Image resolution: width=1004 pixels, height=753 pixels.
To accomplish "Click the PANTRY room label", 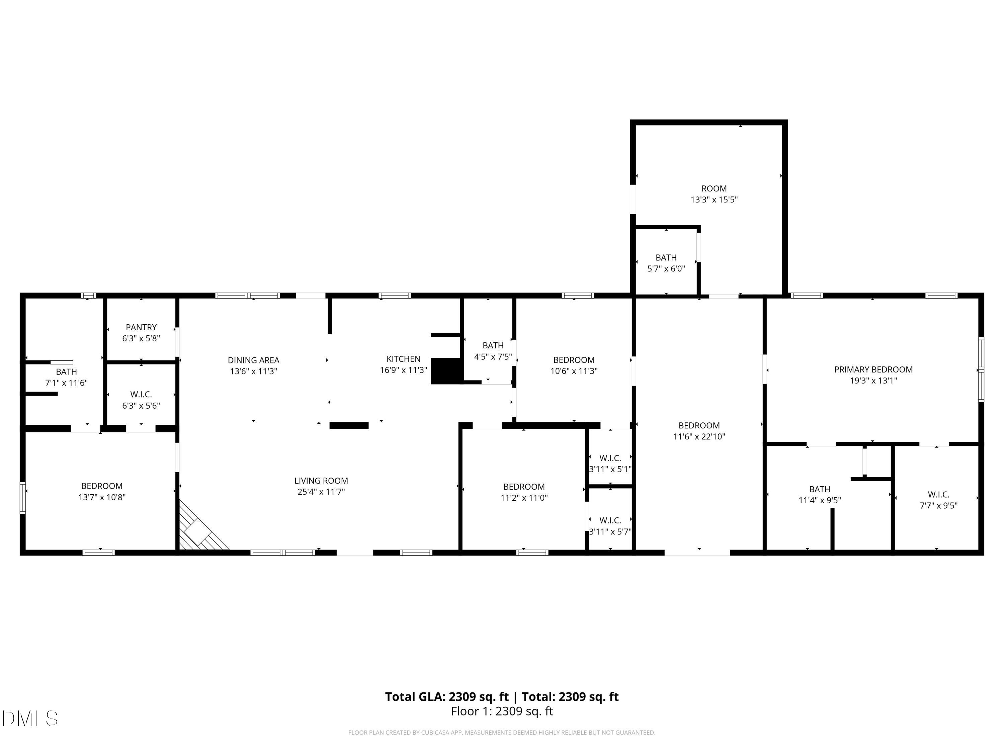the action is click(141, 327).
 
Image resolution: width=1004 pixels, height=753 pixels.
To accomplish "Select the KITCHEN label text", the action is click(404, 359).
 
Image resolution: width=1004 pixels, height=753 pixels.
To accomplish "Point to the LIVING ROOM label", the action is click(321, 481).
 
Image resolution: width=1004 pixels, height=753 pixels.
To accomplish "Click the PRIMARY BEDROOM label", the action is click(873, 369).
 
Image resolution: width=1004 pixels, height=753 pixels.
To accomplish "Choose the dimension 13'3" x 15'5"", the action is click(714, 199).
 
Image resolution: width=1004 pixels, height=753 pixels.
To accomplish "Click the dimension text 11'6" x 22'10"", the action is click(699, 437).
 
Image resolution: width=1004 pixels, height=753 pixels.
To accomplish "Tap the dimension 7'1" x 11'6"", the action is click(66, 383).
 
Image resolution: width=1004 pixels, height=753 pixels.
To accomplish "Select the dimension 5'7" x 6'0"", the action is click(666, 268).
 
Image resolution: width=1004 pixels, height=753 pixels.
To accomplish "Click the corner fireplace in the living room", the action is click(200, 528).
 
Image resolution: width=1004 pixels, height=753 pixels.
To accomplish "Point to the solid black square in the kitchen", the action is click(446, 371).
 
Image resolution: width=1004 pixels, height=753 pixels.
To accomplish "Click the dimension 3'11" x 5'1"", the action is click(610, 469).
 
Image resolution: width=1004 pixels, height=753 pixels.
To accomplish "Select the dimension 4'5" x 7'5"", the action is click(493, 357).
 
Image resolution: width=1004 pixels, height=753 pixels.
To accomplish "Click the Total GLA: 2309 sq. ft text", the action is click(447, 697).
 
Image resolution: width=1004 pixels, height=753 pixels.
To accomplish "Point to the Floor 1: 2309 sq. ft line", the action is click(502, 711).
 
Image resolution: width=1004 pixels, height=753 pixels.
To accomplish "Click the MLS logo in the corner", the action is click(30, 719).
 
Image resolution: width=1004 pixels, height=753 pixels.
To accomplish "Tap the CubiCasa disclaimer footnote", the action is click(502, 733).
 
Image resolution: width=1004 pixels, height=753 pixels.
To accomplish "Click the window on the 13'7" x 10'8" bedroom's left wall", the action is click(23, 498).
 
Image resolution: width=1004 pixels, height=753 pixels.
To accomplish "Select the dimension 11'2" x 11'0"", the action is click(524, 497).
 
